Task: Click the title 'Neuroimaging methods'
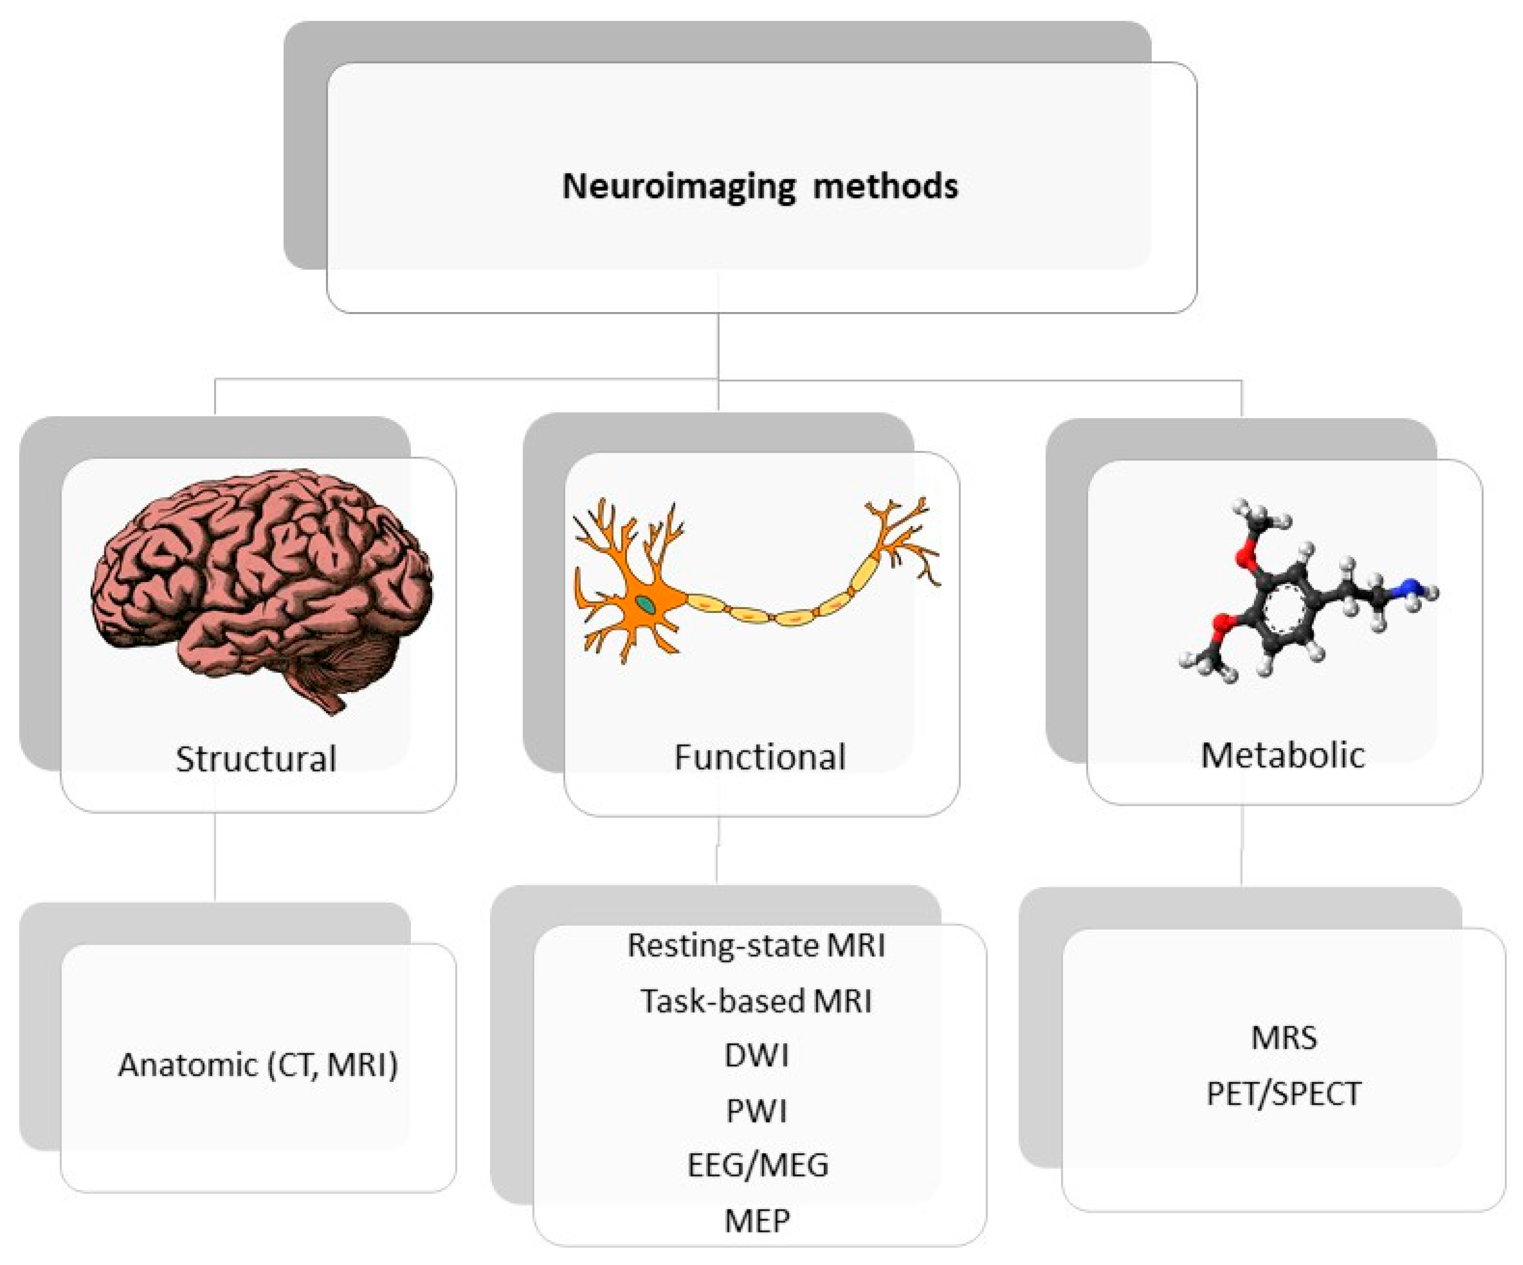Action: (760, 186)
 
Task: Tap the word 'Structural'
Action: (256, 758)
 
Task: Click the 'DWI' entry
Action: (757, 1055)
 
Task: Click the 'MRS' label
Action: (1284, 1037)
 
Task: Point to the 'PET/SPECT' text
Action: (1284, 1093)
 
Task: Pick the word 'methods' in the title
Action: (885, 186)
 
